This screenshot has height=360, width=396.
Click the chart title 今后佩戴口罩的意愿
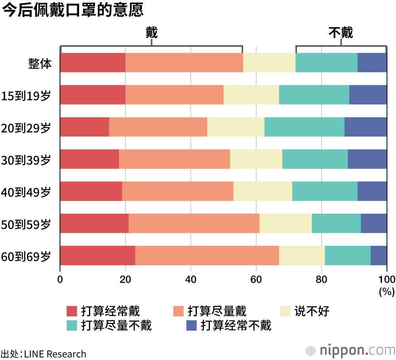[x=72, y=11]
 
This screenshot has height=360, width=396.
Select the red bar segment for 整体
[x=93, y=63]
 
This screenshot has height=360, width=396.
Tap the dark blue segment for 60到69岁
[x=379, y=255]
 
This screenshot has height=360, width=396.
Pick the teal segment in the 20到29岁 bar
[x=304, y=127]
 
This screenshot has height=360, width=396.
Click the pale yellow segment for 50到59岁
[x=286, y=223]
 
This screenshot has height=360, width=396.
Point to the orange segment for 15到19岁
[x=174, y=95]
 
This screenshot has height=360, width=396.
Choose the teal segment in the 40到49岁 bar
[x=325, y=191]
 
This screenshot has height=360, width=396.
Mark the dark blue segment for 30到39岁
[x=367, y=159]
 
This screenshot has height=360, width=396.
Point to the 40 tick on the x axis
[x=191, y=278]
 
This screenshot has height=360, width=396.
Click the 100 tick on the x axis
[x=386, y=278]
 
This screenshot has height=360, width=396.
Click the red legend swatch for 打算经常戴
[x=72, y=311]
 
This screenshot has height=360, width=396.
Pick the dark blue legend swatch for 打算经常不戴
[x=191, y=326]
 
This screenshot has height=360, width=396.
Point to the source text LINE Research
[x=55, y=354]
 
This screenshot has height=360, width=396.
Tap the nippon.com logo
[x=351, y=350]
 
